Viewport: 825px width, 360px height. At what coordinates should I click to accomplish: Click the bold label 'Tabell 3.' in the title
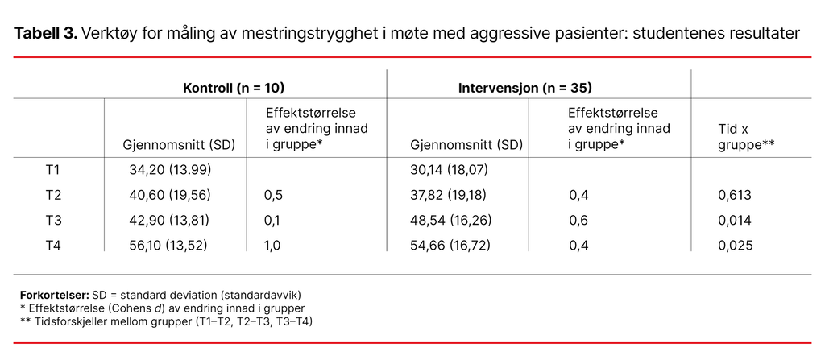tap(46, 34)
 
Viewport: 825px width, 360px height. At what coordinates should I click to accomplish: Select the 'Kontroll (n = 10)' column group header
tap(234, 86)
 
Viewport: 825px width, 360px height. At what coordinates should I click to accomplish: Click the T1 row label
tap(52, 170)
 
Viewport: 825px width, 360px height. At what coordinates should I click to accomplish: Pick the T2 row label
tap(52, 195)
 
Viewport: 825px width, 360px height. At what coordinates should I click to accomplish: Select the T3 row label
tap(52, 220)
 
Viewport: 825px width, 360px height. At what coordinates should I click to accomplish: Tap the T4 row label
tap(52, 245)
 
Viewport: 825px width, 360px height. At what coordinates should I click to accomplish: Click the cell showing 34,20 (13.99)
tap(168, 170)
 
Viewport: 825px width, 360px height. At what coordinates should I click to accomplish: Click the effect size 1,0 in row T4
tap(272, 245)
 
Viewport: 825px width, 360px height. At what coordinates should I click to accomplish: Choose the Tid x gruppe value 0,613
tap(735, 195)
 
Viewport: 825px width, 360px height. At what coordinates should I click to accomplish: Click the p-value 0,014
tap(735, 220)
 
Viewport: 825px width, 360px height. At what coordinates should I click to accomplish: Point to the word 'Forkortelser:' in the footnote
tap(54, 295)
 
